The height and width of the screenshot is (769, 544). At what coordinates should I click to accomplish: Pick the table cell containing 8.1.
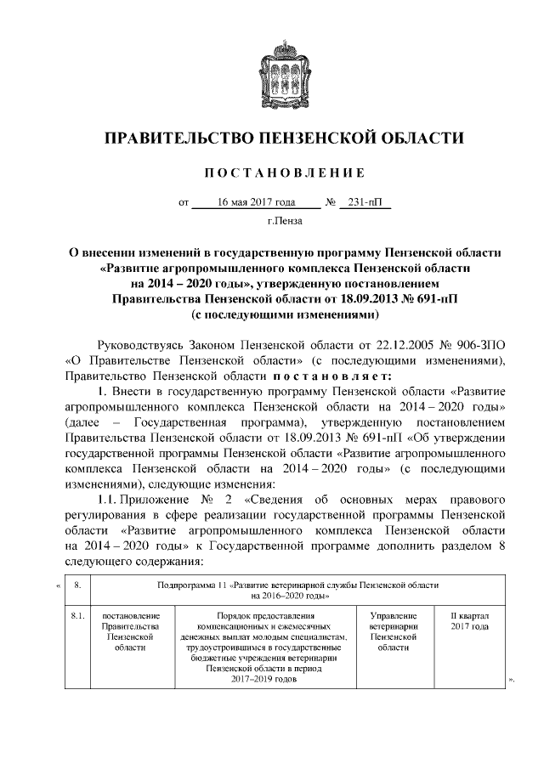pos(77,617)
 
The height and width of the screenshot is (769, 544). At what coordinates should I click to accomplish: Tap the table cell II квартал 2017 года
pos(468,621)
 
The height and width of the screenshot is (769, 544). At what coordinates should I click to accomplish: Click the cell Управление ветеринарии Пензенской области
pos(393,630)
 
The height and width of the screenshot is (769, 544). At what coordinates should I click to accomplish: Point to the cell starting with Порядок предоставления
pos(266,650)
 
